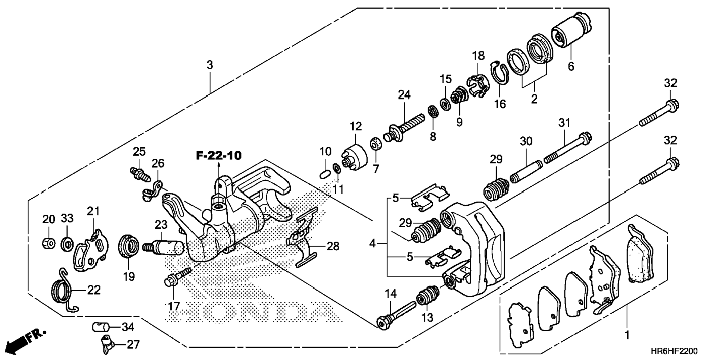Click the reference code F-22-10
point(219,155)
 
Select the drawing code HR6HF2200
point(674,351)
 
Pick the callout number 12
point(356,126)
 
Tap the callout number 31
point(564,123)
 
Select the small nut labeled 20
point(48,243)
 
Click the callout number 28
point(333,246)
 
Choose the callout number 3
point(210,65)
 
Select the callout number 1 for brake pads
point(627,335)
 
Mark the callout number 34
point(128,327)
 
